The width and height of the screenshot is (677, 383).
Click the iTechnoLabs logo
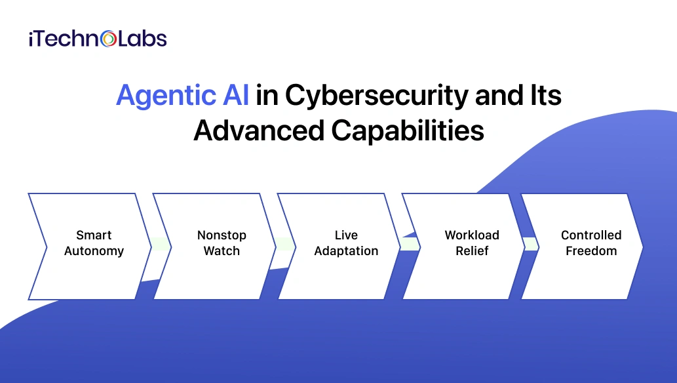click(98, 39)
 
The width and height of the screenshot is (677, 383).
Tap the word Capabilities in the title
click(407, 131)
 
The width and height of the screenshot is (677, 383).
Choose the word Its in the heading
click(546, 96)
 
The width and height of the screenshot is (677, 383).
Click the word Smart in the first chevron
click(94, 235)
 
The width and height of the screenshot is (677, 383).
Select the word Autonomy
click(94, 251)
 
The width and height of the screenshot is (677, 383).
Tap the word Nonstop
click(222, 235)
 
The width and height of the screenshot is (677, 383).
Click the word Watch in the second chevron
click(222, 251)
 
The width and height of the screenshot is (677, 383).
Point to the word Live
click(346, 235)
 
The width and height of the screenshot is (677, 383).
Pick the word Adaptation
click(346, 251)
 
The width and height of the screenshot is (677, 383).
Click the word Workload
click(472, 235)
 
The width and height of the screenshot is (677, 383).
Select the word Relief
click(472, 251)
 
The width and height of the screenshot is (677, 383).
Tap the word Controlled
click(591, 235)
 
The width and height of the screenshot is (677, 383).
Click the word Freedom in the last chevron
click(591, 251)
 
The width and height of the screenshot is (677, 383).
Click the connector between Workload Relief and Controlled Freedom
click(530, 245)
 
